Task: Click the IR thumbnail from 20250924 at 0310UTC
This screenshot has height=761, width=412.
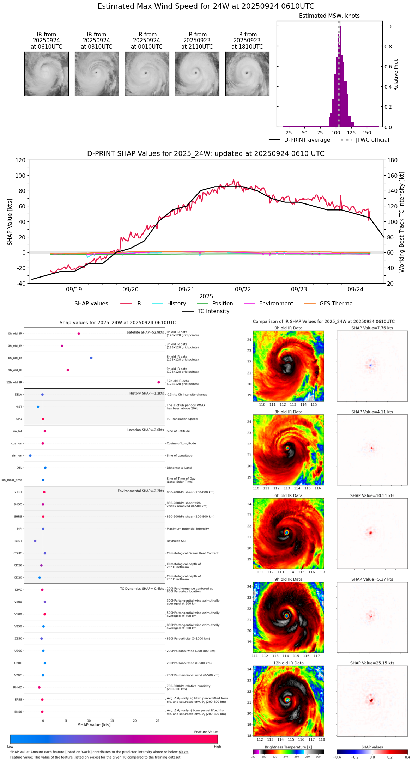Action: point(96,74)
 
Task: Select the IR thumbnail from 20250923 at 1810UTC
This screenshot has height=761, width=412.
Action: point(247,74)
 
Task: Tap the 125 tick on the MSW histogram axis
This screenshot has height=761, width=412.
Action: point(351,133)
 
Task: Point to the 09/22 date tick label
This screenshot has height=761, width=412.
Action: point(243,289)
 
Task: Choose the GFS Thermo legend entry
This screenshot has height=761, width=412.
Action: point(336,304)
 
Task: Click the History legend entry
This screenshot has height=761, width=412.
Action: point(176,304)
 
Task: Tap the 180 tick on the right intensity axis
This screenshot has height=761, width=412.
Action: point(392,160)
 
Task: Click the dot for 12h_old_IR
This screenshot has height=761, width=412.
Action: point(159,382)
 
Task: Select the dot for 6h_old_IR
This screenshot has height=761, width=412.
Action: point(91,358)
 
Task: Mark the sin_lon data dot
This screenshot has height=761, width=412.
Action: point(30,456)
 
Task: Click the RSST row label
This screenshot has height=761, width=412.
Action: point(18,541)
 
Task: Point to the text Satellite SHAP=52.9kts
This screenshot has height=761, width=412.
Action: point(145,333)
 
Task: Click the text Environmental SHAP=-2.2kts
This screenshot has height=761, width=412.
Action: point(140,491)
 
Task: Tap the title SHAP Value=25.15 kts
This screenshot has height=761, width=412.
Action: point(372,663)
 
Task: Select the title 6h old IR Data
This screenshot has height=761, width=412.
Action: point(288,495)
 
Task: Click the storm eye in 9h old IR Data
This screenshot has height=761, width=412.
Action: point(286,616)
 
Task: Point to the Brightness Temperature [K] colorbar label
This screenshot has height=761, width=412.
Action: point(288,747)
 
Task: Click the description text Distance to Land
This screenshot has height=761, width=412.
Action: point(179,468)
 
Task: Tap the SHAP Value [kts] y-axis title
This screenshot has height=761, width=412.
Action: point(10,222)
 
